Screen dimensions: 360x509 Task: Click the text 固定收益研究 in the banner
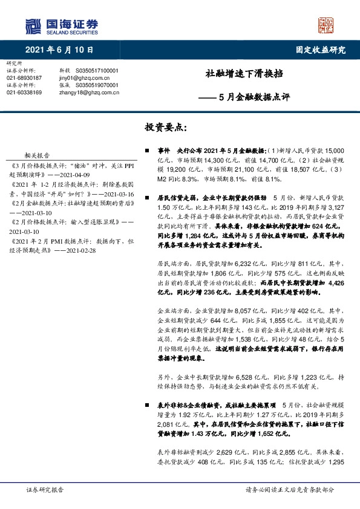pyautogui.click(x=320, y=50)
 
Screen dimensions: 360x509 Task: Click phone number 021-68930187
pyautogui.click(x=24, y=78)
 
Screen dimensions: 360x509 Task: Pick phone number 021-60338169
pyautogui.click(x=24, y=92)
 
